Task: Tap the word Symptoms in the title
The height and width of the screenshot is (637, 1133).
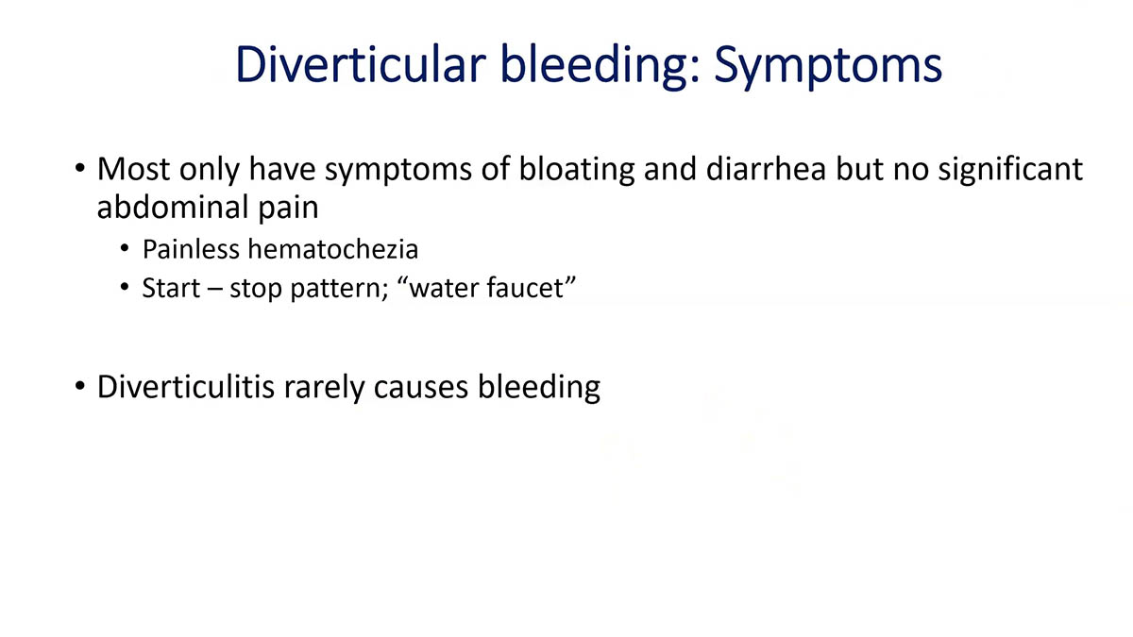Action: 828,65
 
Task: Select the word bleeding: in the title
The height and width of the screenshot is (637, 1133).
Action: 584,65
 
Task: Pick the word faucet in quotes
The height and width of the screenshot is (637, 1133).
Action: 530,287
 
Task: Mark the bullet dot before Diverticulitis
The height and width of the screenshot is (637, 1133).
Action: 80,387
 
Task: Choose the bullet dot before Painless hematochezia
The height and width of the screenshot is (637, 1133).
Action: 125,251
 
